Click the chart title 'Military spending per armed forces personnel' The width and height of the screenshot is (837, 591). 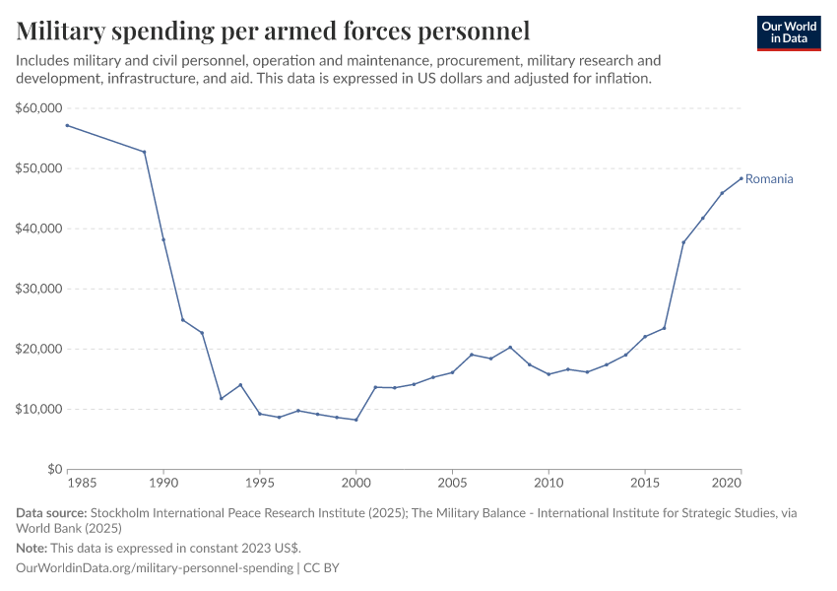274,31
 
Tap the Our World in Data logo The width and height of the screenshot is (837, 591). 789,33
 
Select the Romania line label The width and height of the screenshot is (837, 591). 769,179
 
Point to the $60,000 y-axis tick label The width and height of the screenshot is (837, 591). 39,108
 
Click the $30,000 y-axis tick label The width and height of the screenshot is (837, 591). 39,289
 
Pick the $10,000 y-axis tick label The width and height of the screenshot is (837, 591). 39,409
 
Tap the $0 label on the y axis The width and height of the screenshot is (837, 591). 54,469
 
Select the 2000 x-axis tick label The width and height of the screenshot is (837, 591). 355,485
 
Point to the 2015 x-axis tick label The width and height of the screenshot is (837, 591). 645,485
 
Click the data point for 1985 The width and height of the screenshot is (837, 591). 67,125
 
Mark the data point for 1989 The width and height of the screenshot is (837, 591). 145,152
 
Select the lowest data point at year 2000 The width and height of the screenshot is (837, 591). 355,420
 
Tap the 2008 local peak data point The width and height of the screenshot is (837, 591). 510,347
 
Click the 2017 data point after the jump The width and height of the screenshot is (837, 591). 683,242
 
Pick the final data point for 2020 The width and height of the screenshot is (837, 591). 741,178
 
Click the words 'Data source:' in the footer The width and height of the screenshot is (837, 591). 51,513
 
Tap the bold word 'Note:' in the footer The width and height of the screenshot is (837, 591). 33,548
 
